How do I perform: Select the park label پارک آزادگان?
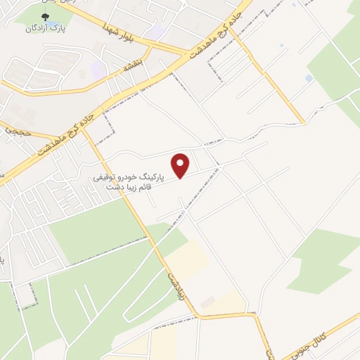point(44,28)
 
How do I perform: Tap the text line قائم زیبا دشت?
point(130,188)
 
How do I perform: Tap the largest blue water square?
point(309,77)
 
